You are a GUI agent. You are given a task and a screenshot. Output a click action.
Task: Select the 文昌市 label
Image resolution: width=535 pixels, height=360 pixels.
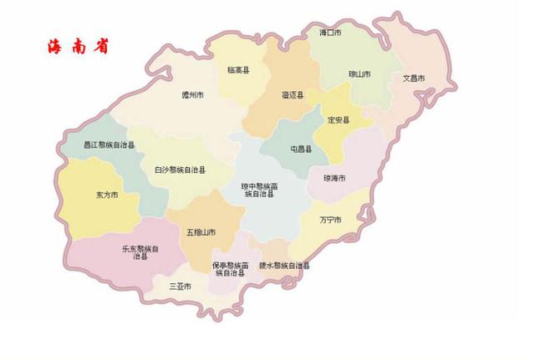tap(415, 79)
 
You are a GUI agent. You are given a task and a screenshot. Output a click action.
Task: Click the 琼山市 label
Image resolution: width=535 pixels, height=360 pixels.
tap(359, 74)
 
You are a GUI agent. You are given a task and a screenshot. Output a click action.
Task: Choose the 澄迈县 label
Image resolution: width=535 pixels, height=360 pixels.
tap(293, 96)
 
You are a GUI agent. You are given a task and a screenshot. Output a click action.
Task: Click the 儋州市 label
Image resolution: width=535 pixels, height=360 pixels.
tap(193, 96)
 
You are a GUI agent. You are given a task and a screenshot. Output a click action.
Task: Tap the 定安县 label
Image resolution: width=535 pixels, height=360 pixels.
tap(339, 120)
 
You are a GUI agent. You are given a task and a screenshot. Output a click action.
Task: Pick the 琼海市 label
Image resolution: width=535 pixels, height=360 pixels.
tap(334, 179)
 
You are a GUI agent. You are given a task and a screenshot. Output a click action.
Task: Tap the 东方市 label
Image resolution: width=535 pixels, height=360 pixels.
tap(106, 195)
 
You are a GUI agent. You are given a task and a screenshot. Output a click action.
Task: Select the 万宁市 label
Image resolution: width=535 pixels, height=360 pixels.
tap(330, 220)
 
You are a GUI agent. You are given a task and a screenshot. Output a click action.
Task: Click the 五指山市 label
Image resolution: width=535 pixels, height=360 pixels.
tap(201, 231)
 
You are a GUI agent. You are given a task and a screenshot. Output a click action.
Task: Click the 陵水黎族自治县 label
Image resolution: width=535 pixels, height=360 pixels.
tap(283, 265)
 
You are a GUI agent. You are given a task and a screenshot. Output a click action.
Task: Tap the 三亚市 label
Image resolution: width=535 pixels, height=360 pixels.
tap(180, 286)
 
